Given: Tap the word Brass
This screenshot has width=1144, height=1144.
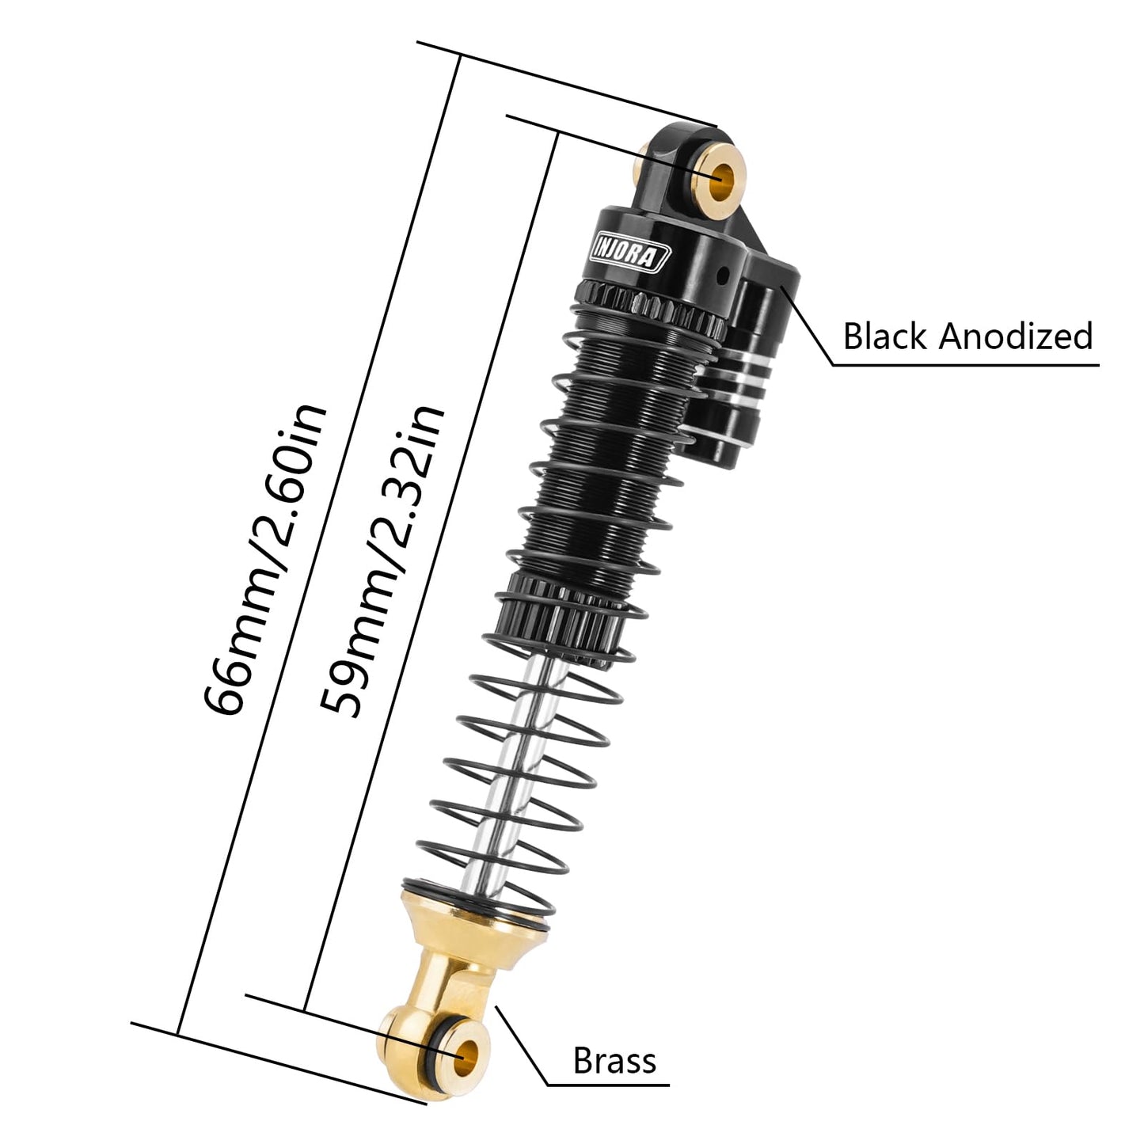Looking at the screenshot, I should [x=614, y=1061].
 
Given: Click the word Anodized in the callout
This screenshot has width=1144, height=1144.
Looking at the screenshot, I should [x=1017, y=336].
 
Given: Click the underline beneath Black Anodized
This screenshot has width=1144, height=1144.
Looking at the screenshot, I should [x=966, y=365].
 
